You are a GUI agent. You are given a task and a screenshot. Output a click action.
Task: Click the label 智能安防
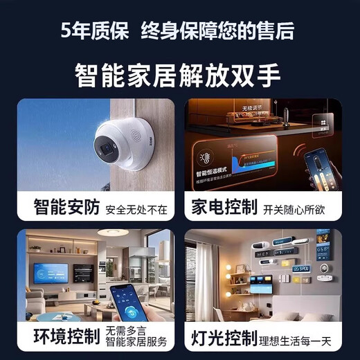click(68, 206)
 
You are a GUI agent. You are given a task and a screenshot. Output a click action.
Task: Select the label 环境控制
click(68, 337)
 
